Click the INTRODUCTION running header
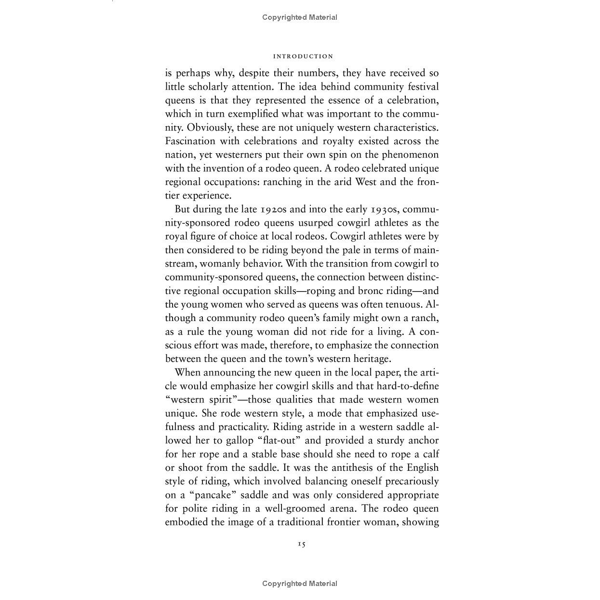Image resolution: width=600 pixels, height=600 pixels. click(303, 56)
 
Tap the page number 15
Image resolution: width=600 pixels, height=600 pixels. click(302, 544)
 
